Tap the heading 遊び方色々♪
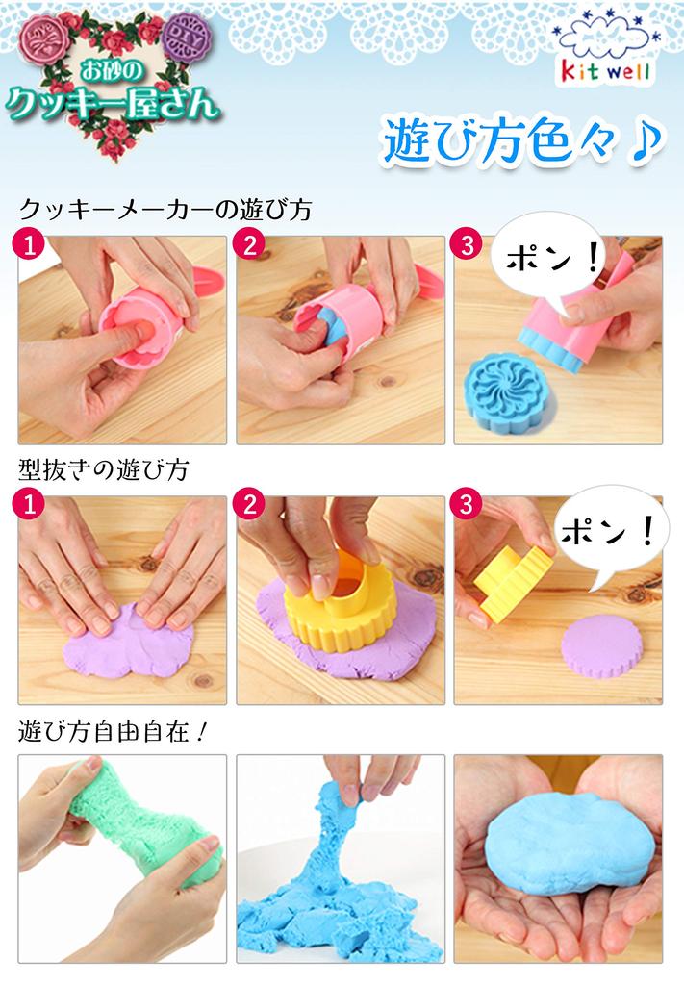[x=520, y=142]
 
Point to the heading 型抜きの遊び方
[x=103, y=470]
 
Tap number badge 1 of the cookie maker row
[x=32, y=244]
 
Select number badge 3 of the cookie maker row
[x=468, y=244]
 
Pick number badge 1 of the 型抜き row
[x=32, y=503]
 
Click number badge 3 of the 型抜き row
[x=468, y=503]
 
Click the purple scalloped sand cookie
[x=602, y=646]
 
